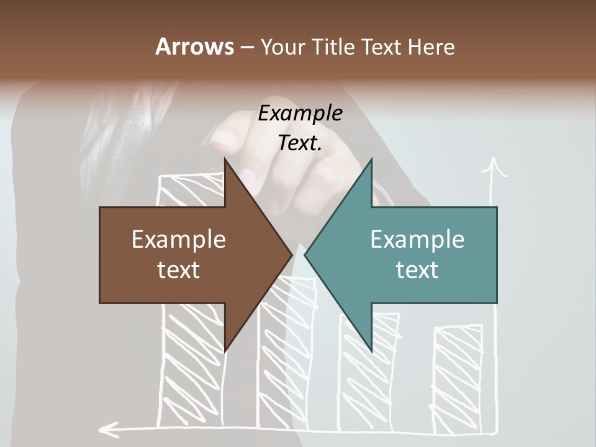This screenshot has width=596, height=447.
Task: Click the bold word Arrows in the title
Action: tap(194, 47)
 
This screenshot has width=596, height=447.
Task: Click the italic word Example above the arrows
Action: tap(300, 114)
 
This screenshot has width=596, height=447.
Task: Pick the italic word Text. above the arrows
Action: tap(300, 143)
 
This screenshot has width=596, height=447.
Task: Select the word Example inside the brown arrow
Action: tap(179, 240)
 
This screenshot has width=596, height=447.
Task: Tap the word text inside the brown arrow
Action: tap(179, 269)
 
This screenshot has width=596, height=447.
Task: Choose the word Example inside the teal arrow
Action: tap(417, 240)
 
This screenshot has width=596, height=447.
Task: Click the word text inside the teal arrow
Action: tap(417, 269)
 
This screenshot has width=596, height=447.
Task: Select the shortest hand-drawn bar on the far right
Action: tap(457, 379)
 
